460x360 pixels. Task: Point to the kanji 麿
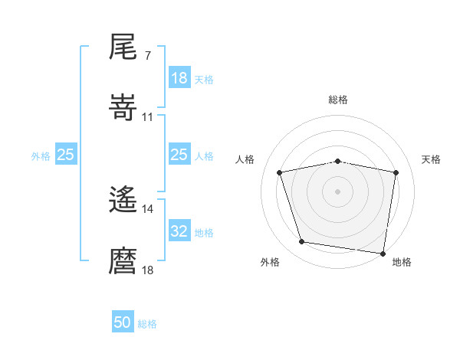coord(123,260)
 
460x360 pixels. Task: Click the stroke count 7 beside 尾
coord(147,56)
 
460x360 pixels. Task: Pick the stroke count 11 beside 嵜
coord(148,117)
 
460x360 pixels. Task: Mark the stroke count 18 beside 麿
coord(148,270)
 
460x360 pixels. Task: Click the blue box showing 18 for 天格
coord(179,78)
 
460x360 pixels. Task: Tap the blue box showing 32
coord(179,231)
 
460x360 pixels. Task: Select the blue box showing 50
coord(123,323)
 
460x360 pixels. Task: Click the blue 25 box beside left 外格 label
coord(66,155)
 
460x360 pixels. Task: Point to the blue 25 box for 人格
coord(179,155)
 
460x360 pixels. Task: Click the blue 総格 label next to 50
coord(147,324)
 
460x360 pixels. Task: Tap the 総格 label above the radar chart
coord(338,100)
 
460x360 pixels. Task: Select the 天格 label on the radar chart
coord(432,159)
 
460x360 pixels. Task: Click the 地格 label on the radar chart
coord(402,262)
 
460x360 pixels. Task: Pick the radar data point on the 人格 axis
coord(281,172)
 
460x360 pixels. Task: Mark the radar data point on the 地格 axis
coord(383,253)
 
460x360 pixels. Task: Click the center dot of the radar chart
coord(338,191)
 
